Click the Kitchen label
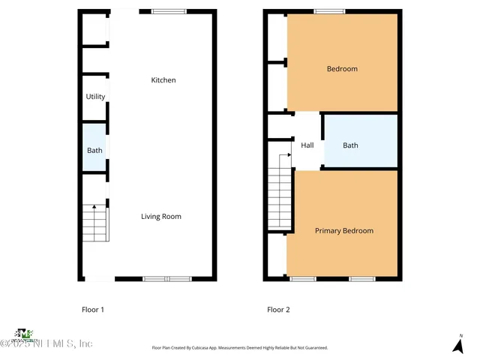(x=163, y=80)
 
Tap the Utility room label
(x=95, y=97)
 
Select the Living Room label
(x=161, y=217)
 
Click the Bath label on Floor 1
(x=94, y=151)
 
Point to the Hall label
(x=307, y=145)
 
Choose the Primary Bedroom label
(x=343, y=231)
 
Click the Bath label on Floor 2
(x=350, y=145)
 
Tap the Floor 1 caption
(x=93, y=309)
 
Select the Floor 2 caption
(x=278, y=309)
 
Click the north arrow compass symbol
(x=457, y=344)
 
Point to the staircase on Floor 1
(x=95, y=223)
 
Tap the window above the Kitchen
(x=168, y=11)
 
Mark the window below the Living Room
(x=166, y=279)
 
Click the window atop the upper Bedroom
(x=329, y=11)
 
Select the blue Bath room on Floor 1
(x=94, y=150)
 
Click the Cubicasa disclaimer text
(x=239, y=348)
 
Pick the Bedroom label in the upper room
(x=342, y=69)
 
